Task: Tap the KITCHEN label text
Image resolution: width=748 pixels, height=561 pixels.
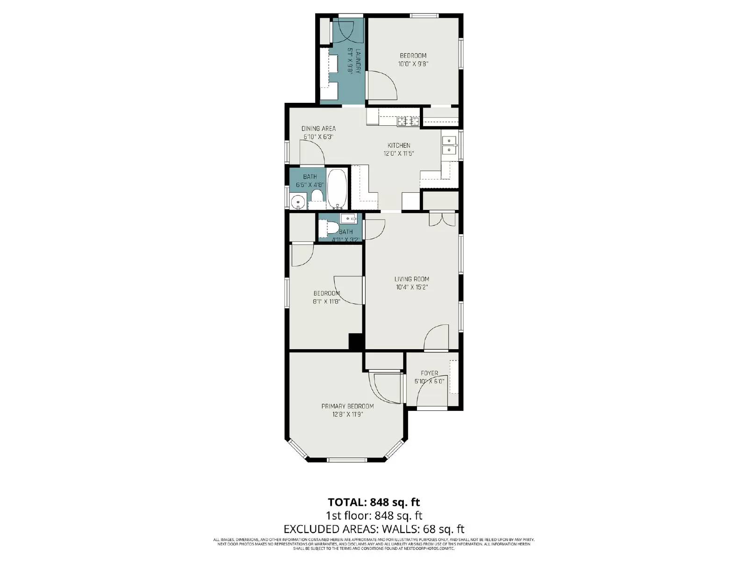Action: click(x=399, y=145)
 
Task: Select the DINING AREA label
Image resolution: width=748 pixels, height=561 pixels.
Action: click(x=318, y=129)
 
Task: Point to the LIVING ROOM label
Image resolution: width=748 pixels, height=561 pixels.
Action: click(x=411, y=279)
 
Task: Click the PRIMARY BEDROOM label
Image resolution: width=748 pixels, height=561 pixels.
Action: click(x=347, y=406)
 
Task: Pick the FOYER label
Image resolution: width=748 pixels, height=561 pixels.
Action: click(x=429, y=373)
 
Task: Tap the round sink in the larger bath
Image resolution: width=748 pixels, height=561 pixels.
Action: click(x=297, y=202)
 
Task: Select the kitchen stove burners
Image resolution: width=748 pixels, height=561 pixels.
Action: click(x=408, y=122)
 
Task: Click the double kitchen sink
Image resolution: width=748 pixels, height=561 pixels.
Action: click(x=449, y=145)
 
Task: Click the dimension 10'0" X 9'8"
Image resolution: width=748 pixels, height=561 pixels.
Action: click(x=413, y=65)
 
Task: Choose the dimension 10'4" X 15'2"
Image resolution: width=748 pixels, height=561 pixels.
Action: click(x=411, y=288)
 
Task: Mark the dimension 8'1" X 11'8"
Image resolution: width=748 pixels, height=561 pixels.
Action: click(x=326, y=302)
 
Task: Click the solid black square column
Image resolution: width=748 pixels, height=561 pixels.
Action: click(x=356, y=341)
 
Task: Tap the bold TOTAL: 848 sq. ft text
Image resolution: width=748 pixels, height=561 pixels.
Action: click(x=374, y=503)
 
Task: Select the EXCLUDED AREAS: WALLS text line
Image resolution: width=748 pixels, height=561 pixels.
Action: click(x=374, y=529)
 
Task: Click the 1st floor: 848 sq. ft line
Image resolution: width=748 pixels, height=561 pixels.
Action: click(x=374, y=516)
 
